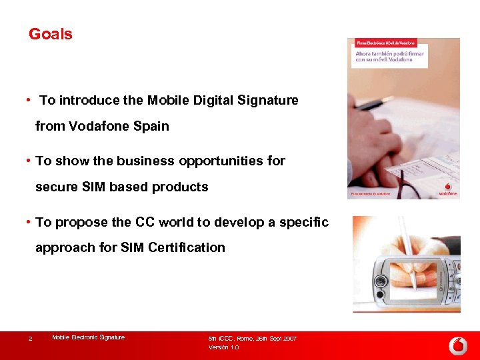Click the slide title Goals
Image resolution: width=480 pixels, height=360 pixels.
pos(51,34)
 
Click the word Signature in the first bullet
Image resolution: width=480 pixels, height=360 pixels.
pos(267,100)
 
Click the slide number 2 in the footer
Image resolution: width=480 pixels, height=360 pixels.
pos(30,339)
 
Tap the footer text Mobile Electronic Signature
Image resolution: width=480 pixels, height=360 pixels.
pos(88,338)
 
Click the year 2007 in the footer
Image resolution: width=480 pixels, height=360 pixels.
pos(289,339)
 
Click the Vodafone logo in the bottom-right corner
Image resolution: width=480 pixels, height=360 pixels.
pos(458,345)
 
